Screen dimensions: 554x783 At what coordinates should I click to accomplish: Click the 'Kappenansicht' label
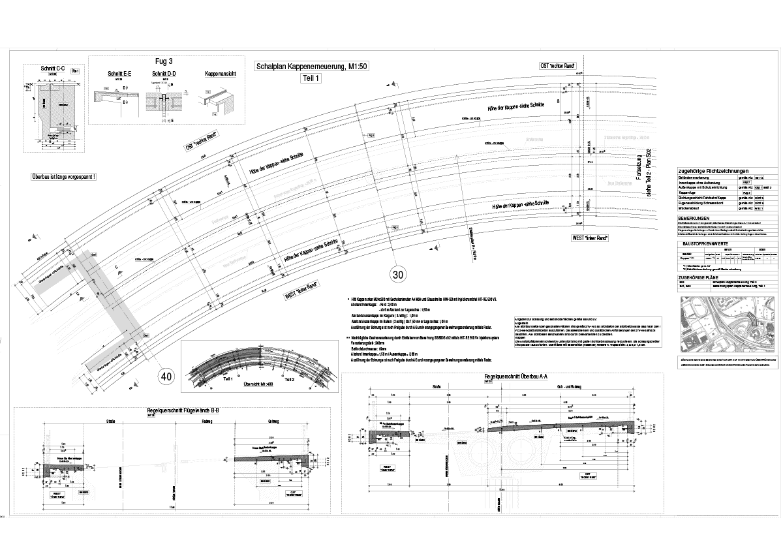tap(219, 74)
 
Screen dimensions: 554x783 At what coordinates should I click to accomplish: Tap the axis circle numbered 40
tap(166, 376)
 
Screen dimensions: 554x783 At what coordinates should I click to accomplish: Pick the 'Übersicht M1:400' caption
tap(261, 385)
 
